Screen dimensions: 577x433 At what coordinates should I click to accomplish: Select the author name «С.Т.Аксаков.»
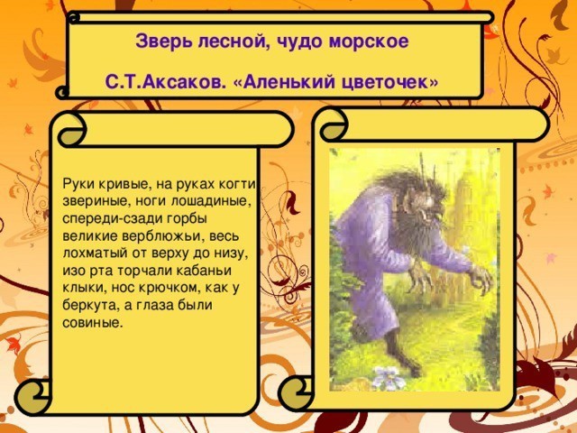tap(164, 81)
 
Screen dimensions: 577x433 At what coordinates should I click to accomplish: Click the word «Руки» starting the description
tap(78, 183)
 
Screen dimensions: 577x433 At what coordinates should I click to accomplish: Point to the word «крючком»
tap(169, 288)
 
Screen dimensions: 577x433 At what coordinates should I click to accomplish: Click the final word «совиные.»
tap(92, 323)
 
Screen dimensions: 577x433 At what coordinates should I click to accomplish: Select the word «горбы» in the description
tap(188, 218)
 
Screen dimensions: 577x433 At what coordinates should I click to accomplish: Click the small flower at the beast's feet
tap(386, 377)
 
